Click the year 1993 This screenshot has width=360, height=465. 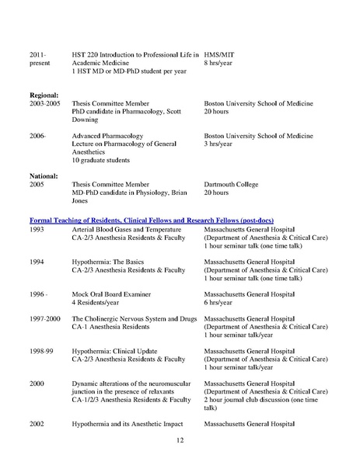pyautogui.click(x=37, y=231)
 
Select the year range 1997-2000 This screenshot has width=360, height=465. pyautogui.click(x=44, y=319)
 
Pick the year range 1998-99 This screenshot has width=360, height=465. pyautogui.click(x=40, y=351)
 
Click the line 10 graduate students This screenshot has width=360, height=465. pyautogui.click(x=102, y=161)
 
